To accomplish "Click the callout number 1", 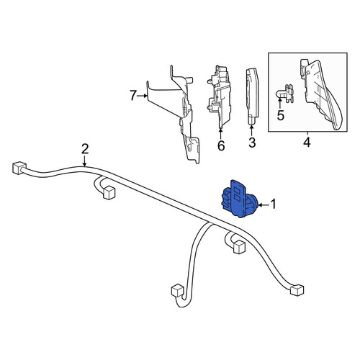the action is coord(274,204).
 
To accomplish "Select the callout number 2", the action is coord(85,149).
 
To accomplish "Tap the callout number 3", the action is coord(252,143).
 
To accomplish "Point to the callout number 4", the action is coord(307,143).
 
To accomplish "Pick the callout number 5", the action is coord(280,115).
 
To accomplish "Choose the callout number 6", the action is coord(221,145).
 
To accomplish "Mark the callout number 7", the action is coord(133,96).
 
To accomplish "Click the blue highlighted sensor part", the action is coord(240,199).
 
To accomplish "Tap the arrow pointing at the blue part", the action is coord(264,204).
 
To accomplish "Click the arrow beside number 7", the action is coord(143,96).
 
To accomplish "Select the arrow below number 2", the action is coord(84,161).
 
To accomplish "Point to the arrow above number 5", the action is coord(280,103).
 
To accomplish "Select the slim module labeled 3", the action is coord(252,96).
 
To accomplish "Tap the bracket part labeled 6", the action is coord(219,96).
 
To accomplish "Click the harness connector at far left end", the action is coord(19,168).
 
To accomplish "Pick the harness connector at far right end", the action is coord(297,290).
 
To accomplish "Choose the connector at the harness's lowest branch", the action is coord(178,291).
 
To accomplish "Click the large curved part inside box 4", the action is coord(321,94).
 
